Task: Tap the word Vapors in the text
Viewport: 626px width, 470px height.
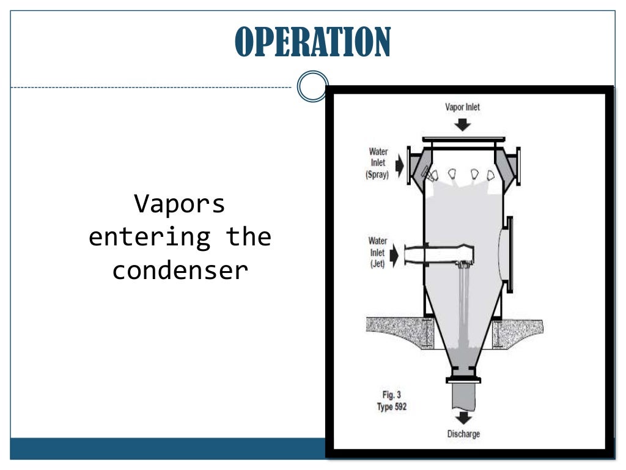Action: point(180,204)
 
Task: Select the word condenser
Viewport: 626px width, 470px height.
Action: point(180,270)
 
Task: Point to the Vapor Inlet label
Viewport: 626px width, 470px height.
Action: point(462,107)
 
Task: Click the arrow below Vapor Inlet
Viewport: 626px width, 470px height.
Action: point(463,124)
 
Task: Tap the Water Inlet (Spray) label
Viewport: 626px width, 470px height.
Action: point(378,163)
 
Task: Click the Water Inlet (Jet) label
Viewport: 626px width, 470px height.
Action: point(377,253)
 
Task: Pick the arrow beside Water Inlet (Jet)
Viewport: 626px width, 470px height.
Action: point(394,255)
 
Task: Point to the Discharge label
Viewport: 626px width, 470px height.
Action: point(463,434)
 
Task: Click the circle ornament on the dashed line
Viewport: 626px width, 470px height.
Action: point(312,86)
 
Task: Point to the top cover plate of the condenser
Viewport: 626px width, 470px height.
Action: point(463,140)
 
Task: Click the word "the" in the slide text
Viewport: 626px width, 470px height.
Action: point(249,237)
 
